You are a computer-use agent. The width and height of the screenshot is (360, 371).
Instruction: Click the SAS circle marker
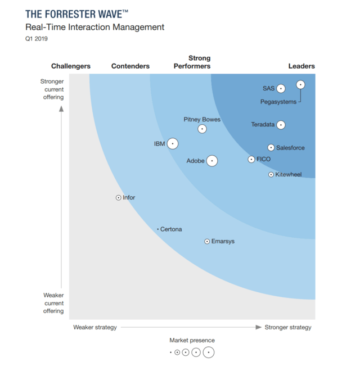coord(281,88)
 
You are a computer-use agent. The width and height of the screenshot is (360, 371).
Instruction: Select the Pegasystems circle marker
coord(300,84)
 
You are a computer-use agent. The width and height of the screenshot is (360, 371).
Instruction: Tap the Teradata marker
coord(281,125)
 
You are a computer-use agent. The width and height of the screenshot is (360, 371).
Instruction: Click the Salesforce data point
coord(271,148)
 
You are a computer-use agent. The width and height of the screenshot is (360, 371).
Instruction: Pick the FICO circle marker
coord(251,160)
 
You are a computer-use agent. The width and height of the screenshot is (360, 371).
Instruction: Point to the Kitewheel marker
coord(271,175)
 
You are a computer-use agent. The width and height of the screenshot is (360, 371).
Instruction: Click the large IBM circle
coord(172,144)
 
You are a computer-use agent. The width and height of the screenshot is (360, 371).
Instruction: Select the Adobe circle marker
coord(211,161)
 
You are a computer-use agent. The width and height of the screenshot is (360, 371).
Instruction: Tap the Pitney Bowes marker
coord(202,129)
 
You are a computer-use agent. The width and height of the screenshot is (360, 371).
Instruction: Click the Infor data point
coord(118,198)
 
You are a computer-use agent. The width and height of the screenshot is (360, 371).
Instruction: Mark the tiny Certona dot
coord(157,229)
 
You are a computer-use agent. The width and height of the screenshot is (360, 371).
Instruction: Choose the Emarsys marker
coord(207,242)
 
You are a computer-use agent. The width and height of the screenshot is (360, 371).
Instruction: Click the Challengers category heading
coord(71,66)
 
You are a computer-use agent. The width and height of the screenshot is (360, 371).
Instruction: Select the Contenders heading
coord(130,66)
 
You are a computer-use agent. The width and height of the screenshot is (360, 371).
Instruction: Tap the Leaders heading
coord(301,66)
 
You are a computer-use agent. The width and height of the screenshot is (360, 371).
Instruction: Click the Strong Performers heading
coord(199,62)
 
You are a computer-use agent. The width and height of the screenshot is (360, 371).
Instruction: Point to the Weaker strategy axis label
coord(95,327)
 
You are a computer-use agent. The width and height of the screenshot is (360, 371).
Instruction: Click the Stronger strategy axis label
coord(288,327)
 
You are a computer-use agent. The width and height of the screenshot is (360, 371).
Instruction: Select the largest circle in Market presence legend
coord(209,352)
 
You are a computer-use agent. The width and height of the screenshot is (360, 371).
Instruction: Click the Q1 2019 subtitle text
coord(37,39)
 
